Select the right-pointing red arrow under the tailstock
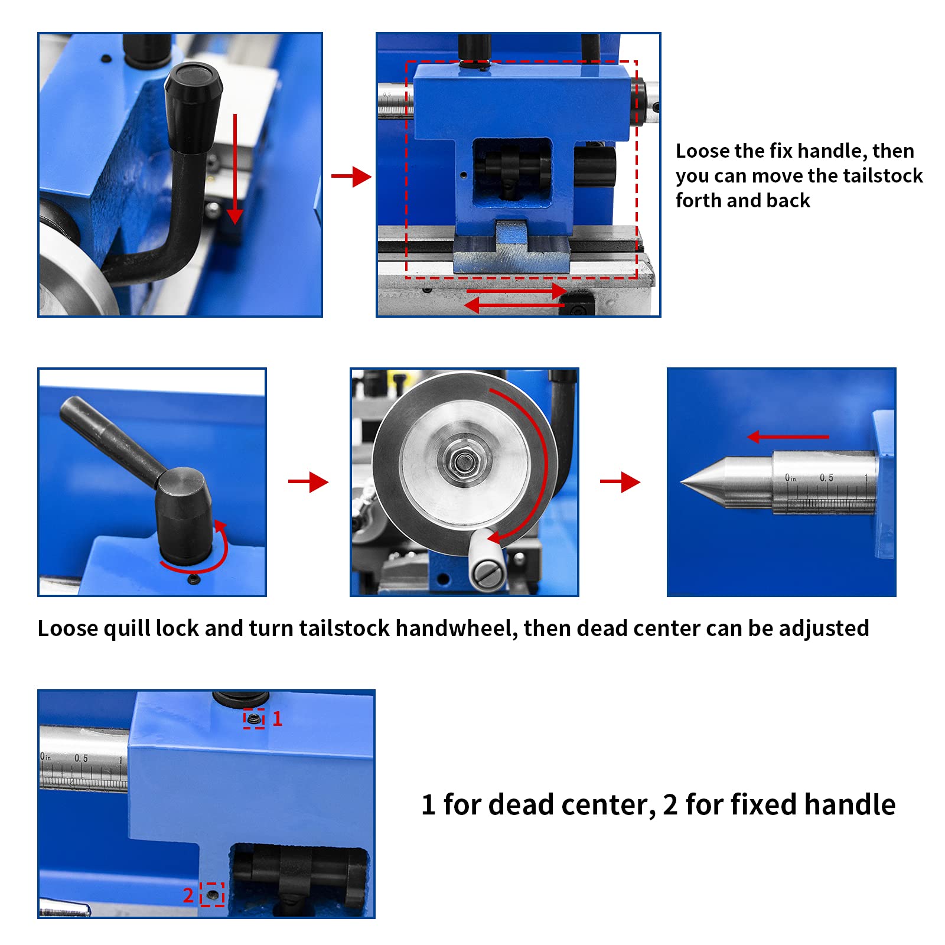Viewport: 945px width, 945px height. pyautogui.click(x=517, y=291)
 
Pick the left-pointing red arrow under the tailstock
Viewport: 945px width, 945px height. pyautogui.click(x=514, y=305)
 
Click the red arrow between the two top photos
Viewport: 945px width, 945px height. pyautogui.click(x=351, y=176)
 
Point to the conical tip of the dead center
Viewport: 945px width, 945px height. pyautogui.click(x=691, y=483)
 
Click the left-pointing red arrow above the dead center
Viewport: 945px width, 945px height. pyautogui.click(x=788, y=437)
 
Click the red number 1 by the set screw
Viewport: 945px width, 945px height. pyautogui.click(x=278, y=719)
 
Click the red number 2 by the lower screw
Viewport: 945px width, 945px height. pyautogui.click(x=188, y=895)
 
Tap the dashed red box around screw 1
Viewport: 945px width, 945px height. pyautogui.click(x=254, y=719)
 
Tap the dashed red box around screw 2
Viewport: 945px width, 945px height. pyautogui.click(x=212, y=895)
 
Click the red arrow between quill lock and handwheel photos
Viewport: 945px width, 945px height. pyautogui.click(x=308, y=482)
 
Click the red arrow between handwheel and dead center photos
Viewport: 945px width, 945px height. pyautogui.click(x=620, y=482)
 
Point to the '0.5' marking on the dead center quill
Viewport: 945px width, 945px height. pyautogui.click(x=826, y=478)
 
